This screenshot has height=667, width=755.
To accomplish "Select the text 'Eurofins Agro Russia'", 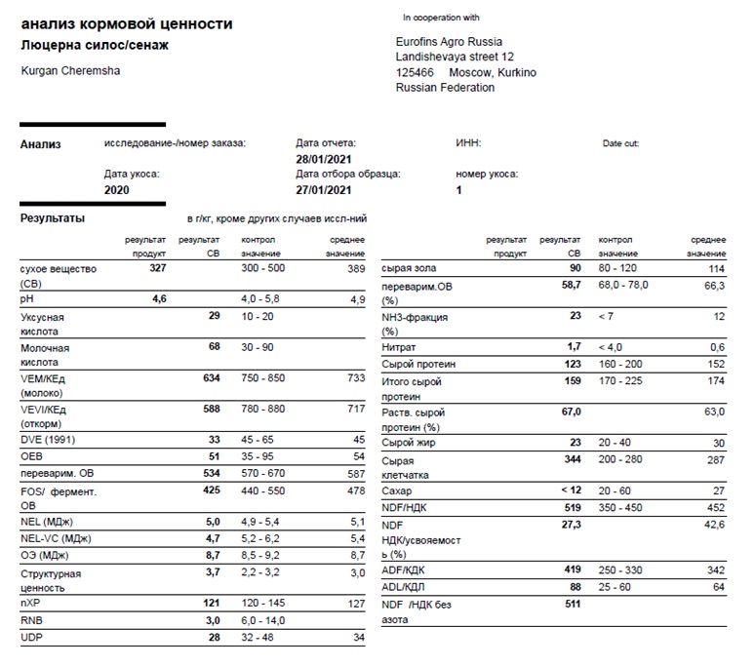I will pos(450,42).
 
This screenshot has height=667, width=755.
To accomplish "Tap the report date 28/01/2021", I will pos(323,158).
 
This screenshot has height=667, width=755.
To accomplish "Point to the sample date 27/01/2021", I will pos(323,190).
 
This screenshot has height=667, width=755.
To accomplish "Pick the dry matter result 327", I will pos(158,267).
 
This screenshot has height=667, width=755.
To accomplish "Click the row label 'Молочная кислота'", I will pos(47,354).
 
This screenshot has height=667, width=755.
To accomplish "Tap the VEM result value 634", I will pos(211,377).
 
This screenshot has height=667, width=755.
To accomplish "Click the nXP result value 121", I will pos(211,605).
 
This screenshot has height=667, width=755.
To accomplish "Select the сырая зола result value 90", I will pos(575,267).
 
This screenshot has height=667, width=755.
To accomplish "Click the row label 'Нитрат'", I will pos(401,346).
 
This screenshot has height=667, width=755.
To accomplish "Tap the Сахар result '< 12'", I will pos(570,490).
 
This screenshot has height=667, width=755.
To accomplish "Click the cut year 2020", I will pos(116,190).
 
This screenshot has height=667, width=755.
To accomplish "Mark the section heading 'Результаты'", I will pos(53,218).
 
